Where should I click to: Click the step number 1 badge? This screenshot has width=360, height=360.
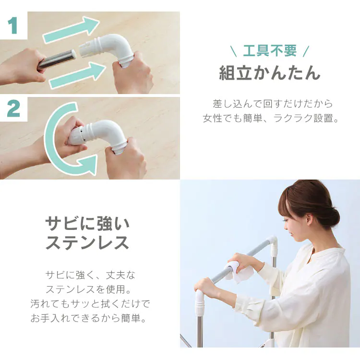coord(13,26)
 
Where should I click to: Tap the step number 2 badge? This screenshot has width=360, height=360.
coord(13,109)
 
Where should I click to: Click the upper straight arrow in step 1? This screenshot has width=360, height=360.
coord(72,29)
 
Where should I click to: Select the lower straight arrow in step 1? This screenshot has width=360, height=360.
coord(77,75)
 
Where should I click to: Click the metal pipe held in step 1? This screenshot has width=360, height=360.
coord(56,60)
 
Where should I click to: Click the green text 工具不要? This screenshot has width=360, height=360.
coord(270,51)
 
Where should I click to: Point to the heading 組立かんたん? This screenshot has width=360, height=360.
coord(270,73)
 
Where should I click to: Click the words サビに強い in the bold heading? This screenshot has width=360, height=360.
coord(87,223)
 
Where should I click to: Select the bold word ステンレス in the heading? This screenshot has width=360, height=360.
coord(87,242)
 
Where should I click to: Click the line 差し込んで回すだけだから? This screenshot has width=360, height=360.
coord(273,104)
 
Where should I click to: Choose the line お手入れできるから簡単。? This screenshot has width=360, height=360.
coord(88,318)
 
